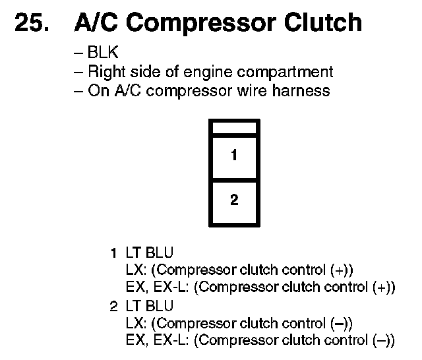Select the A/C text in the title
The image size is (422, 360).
click(96, 22)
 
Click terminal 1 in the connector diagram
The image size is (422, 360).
click(234, 157)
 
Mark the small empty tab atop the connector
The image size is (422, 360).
click(234, 127)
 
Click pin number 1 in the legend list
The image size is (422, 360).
click(113, 253)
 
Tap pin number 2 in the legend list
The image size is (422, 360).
click(113, 306)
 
